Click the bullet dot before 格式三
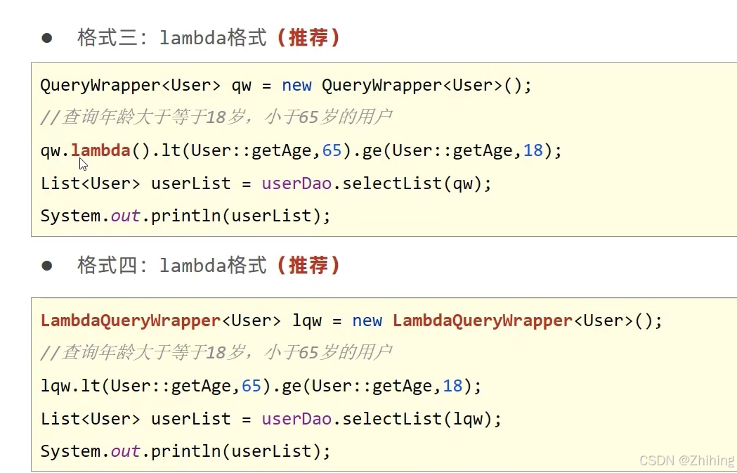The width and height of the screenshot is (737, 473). click(x=47, y=38)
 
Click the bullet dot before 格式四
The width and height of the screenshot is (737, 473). click(x=47, y=266)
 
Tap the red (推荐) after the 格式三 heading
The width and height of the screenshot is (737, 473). click(x=308, y=37)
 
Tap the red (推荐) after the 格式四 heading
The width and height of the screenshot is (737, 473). click(x=308, y=265)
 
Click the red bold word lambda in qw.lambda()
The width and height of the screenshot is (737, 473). click(x=100, y=150)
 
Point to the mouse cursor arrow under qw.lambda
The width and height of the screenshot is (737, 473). click(x=82, y=164)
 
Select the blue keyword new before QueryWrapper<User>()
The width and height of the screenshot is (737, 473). click(x=296, y=85)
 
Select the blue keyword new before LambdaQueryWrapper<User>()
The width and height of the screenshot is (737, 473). click(x=367, y=320)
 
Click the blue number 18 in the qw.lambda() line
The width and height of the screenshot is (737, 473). click(x=533, y=150)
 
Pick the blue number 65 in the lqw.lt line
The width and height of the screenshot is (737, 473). click(x=252, y=385)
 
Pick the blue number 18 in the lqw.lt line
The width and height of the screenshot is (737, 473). click(x=453, y=385)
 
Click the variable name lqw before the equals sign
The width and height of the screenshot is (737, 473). click(x=307, y=320)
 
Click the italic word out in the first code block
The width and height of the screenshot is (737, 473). click(x=126, y=216)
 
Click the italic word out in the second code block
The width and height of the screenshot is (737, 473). click(x=126, y=451)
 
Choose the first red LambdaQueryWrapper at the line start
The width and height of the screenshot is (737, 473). click(x=131, y=320)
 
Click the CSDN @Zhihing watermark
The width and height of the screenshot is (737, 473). click(x=686, y=460)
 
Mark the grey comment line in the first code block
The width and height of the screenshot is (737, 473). click(x=216, y=117)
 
